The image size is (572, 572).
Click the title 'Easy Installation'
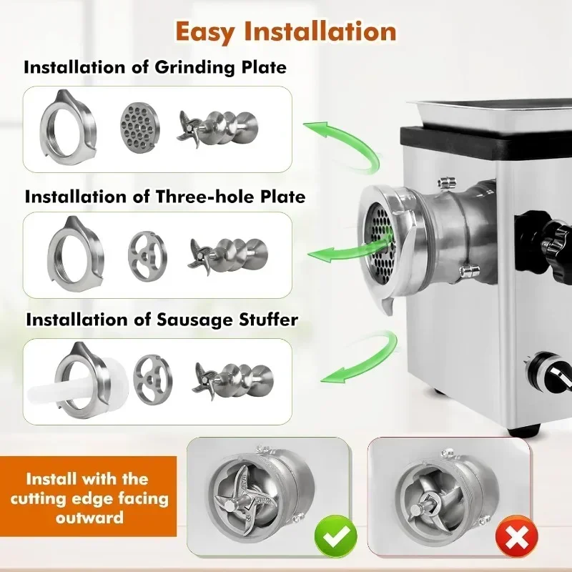pyautogui.click(x=285, y=31)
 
